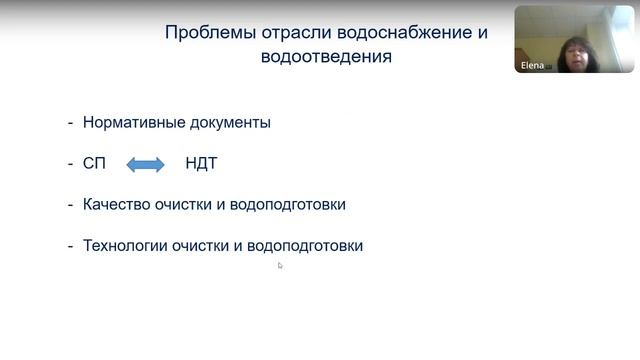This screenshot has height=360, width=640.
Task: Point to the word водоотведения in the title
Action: (x=325, y=57)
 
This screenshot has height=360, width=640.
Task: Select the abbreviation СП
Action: (x=94, y=164)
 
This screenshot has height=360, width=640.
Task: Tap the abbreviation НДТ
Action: (x=201, y=164)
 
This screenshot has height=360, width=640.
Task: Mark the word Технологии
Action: (x=124, y=245)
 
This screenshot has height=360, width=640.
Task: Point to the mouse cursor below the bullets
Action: (x=280, y=265)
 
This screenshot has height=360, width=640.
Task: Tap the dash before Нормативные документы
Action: (x=70, y=123)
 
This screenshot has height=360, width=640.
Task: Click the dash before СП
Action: (x=70, y=164)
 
